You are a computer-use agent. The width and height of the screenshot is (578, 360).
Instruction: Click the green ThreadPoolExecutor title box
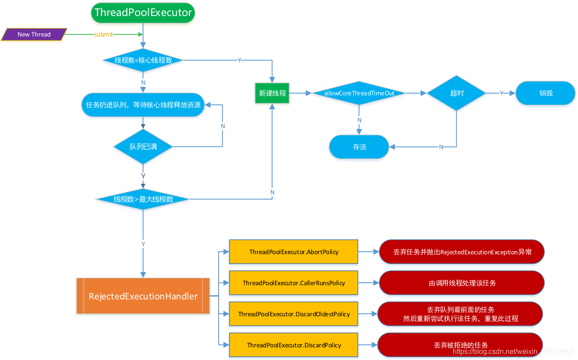point(143,12)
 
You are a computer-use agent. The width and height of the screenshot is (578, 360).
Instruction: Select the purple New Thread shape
point(34,34)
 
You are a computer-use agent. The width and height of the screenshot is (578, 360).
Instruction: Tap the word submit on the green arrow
point(104,35)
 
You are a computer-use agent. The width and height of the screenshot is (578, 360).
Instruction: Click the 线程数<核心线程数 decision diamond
point(143,60)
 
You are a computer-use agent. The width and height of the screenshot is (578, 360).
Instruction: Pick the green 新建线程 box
point(272,94)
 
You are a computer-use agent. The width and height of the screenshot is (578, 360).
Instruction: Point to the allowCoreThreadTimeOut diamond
point(359,93)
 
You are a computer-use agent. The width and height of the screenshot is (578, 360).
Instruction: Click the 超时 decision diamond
point(457,93)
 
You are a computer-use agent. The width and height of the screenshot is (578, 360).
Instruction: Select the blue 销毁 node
point(546,93)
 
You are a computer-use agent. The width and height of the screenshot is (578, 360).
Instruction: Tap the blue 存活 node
point(359,146)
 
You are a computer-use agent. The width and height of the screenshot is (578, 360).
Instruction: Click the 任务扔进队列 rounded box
point(143,105)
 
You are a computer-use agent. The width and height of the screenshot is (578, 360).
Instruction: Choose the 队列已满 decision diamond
point(143,146)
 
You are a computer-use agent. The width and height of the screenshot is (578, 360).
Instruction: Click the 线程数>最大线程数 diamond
point(143,199)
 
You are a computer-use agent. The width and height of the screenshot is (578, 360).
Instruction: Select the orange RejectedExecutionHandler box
point(143,296)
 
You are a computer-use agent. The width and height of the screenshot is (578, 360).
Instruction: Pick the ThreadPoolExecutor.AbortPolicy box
point(294,252)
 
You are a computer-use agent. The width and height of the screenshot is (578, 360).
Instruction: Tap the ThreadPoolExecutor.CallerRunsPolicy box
point(294,283)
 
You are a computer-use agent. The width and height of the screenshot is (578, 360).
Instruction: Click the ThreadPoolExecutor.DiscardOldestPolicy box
point(294,314)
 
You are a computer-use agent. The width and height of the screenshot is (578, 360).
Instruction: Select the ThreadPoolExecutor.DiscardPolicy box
point(294,345)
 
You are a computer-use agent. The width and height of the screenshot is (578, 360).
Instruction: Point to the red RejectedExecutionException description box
point(462,252)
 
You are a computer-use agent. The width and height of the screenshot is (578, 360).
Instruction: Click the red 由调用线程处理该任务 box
point(462,283)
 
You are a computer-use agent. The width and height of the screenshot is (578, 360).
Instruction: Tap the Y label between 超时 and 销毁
point(502,93)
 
